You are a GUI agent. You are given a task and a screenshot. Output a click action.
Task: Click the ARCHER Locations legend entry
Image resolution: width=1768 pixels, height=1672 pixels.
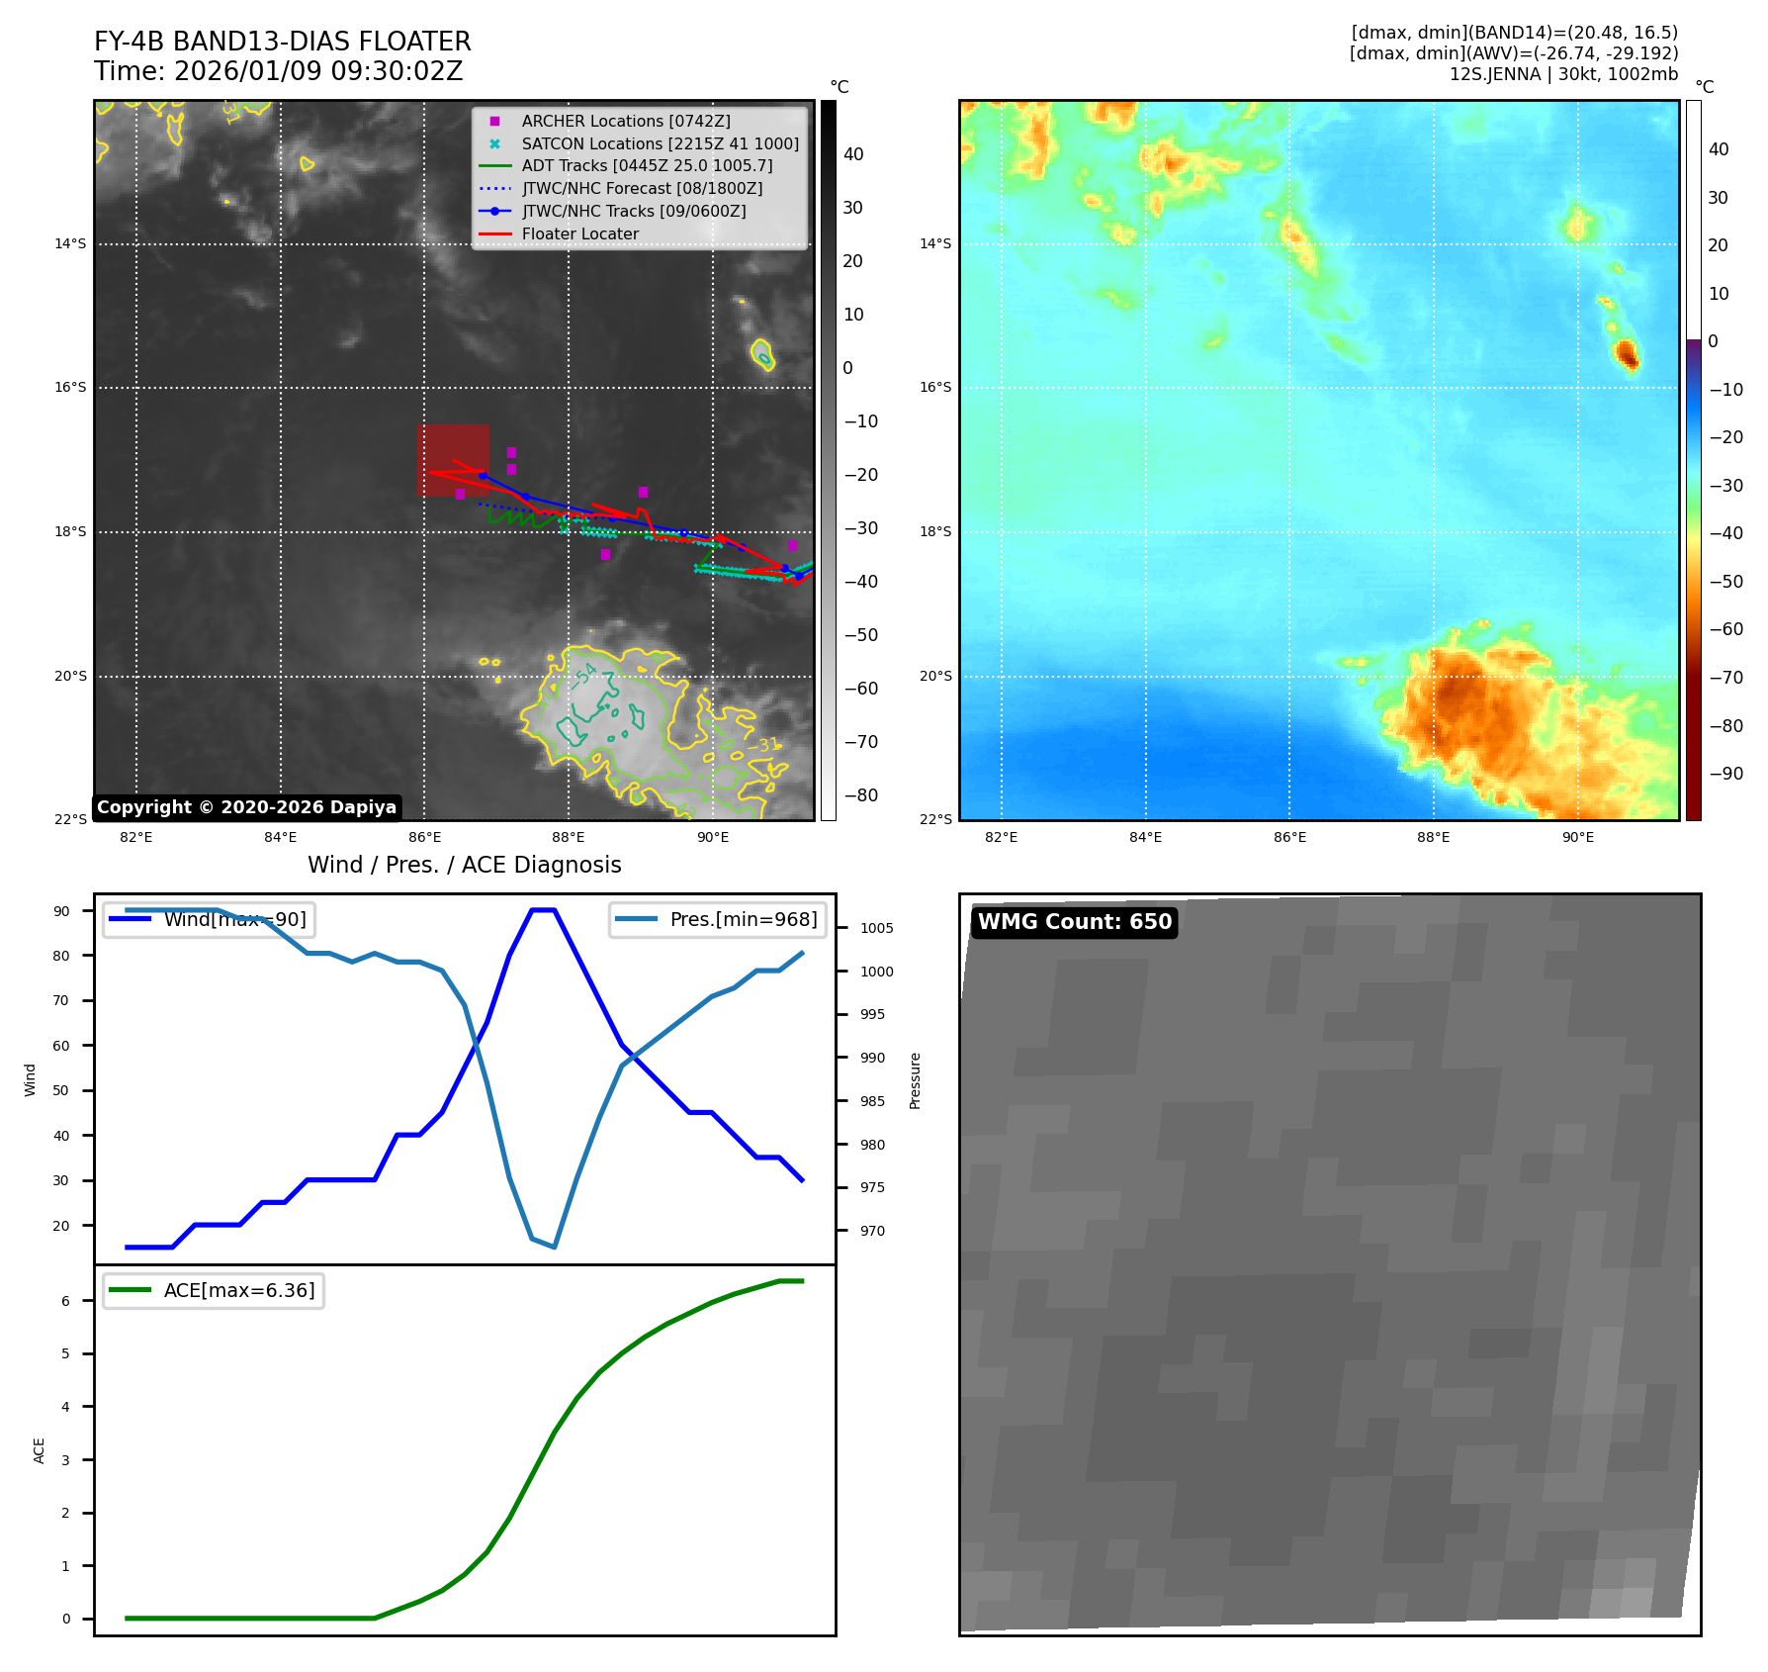tap(626, 121)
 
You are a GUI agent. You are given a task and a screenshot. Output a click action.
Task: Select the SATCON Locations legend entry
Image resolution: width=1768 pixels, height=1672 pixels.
tap(660, 143)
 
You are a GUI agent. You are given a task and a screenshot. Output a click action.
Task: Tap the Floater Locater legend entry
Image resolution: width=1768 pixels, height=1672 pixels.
tap(579, 233)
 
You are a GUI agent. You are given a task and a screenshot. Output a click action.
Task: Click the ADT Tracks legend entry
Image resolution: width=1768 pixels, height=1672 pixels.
tap(647, 165)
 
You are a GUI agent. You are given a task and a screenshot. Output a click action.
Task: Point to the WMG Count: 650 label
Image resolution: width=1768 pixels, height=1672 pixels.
tap(1075, 922)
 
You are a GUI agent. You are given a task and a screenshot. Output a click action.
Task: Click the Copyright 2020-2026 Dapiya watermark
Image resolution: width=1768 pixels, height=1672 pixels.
tap(246, 807)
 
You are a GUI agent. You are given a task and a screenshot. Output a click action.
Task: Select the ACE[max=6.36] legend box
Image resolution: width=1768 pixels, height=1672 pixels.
tap(214, 1290)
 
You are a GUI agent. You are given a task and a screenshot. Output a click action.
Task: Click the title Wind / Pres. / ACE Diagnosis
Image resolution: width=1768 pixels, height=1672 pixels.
tap(465, 865)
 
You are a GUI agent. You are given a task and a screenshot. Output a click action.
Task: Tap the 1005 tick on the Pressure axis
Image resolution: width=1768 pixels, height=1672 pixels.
tap(876, 928)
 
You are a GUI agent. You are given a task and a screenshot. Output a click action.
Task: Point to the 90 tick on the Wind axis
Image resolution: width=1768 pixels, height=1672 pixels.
tap(62, 911)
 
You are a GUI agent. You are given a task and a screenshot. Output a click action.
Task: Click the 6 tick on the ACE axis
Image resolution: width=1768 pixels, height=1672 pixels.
tap(66, 1301)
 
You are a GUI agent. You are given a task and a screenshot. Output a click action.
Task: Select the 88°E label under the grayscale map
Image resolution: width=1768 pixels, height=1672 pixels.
tap(569, 837)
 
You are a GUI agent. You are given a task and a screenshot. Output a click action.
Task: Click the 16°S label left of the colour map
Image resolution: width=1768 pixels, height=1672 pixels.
tap(935, 387)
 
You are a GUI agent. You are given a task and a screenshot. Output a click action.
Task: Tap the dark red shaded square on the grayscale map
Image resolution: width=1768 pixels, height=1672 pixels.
tap(453, 460)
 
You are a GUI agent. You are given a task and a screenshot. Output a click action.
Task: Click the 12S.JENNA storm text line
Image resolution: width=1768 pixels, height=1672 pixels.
tap(1563, 74)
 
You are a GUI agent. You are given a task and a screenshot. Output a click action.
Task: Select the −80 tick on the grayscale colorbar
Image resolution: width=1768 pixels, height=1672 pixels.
tap(860, 795)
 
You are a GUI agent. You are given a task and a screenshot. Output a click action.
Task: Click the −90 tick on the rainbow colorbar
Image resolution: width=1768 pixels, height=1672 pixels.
tap(1726, 774)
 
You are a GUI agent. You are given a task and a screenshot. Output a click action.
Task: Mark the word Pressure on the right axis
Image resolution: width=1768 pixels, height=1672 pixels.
tap(915, 1080)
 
